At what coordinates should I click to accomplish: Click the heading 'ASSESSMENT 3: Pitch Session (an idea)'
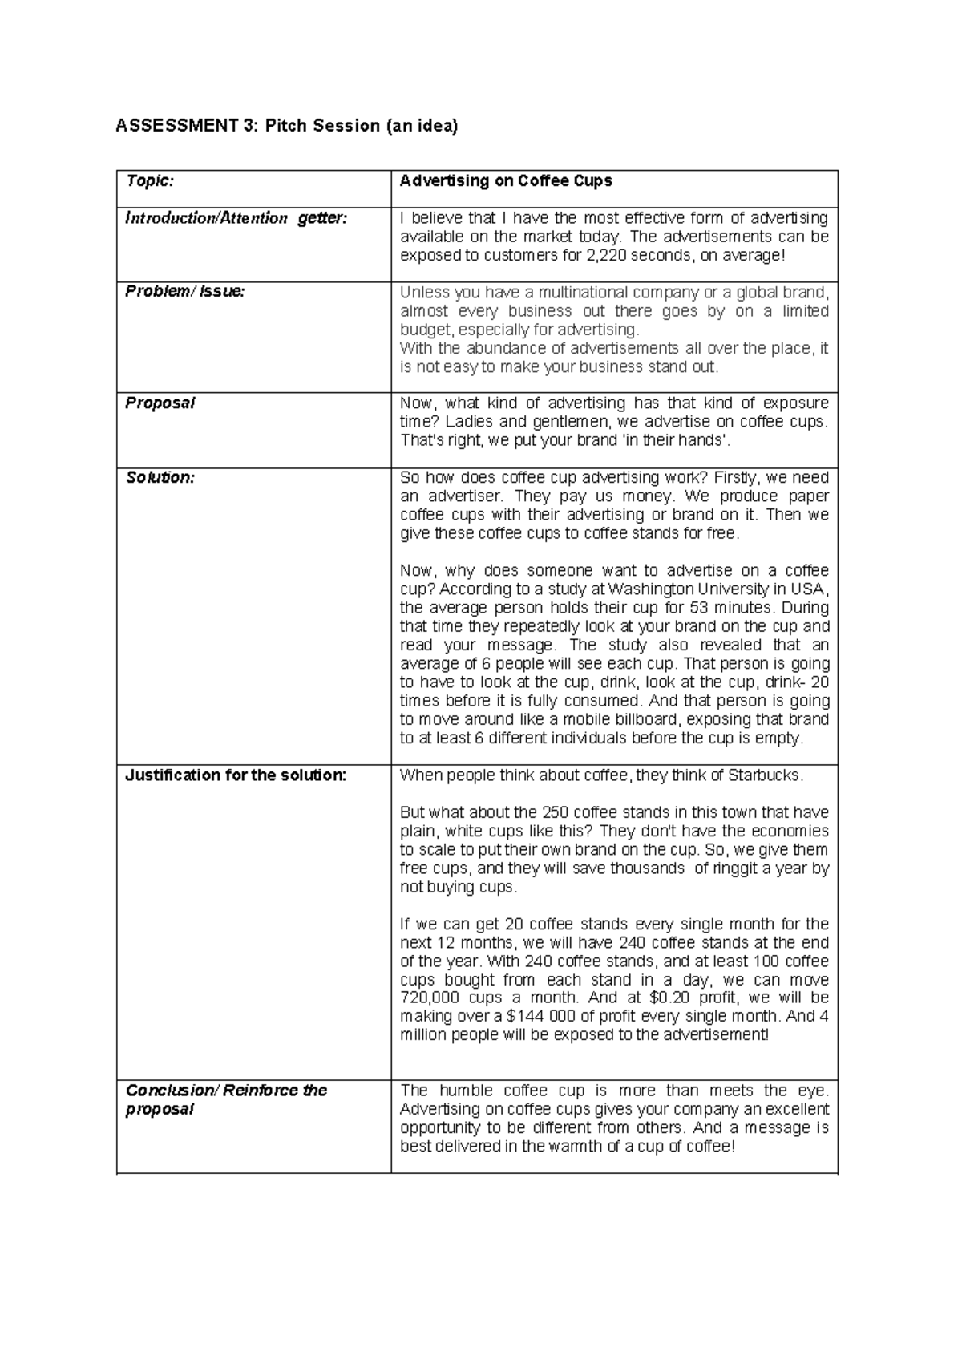(x=287, y=126)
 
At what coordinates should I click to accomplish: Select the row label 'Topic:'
(x=150, y=181)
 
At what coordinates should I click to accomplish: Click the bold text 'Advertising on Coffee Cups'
(x=506, y=181)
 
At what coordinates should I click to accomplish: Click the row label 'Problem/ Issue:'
(x=185, y=292)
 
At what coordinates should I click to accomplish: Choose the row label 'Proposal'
(x=160, y=403)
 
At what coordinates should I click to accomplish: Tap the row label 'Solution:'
(x=160, y=478)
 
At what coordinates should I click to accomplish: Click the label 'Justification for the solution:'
(x=236, y=775)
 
